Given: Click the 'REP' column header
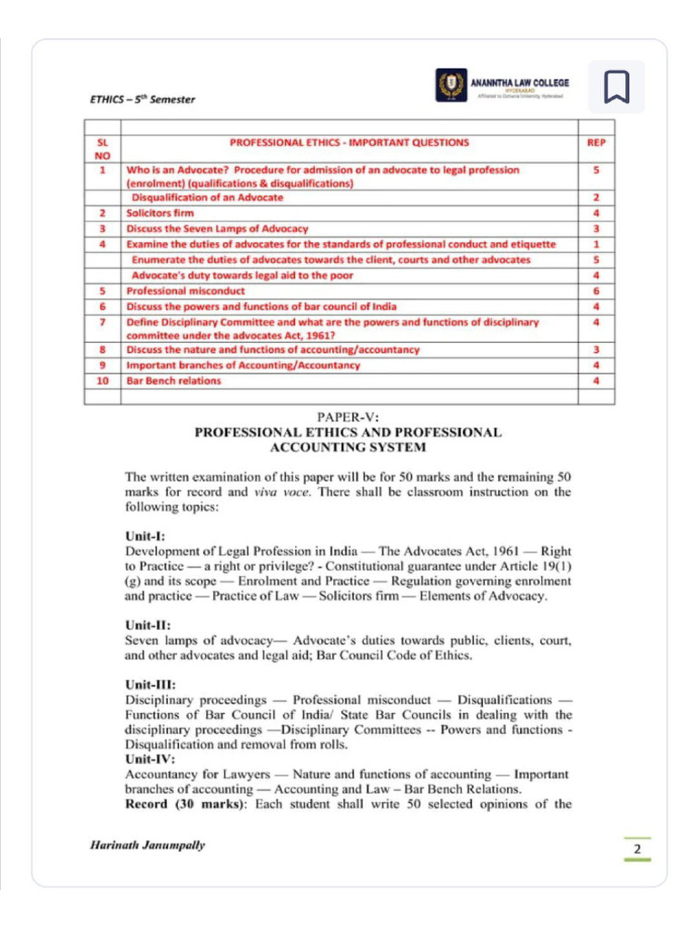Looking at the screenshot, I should coord(595,142).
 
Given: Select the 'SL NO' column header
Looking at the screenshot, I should coord(103,149).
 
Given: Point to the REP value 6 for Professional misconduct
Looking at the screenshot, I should coord(595,291).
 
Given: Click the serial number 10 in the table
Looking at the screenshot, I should coord(103,381).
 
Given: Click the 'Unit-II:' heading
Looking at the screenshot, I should coord(147,624).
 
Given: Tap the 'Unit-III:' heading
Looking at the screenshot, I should coord(150,685).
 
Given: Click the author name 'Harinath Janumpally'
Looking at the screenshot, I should coord(148,846).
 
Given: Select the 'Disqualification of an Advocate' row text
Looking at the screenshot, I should coord(208,197).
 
